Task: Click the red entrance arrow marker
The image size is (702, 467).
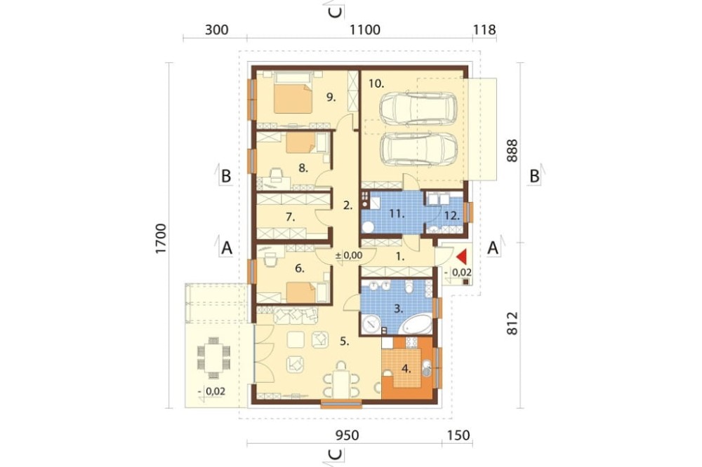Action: (462, 257)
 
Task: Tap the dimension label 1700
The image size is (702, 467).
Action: (161, 238)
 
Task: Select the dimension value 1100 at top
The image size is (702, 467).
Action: (365, 30)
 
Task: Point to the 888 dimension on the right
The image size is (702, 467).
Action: (512, 151)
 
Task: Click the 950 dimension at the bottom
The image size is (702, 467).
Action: (347, 435)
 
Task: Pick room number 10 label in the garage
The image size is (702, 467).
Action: (376, 83)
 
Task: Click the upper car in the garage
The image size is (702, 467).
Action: (418, 109)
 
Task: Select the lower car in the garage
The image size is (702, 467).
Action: (418, 149)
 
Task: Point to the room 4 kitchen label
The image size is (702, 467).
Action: (406, 370)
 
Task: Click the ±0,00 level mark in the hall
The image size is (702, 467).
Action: (349, 255)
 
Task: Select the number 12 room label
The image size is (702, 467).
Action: (452, 215)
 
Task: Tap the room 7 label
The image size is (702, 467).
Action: (290, 217)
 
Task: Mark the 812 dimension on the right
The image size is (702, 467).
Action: (512, 323)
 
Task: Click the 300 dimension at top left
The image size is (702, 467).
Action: (217, 30)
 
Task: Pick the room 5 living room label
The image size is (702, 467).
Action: (344, 341)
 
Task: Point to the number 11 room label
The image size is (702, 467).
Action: (396, 214)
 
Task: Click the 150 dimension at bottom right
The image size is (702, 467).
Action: (458, 435)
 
